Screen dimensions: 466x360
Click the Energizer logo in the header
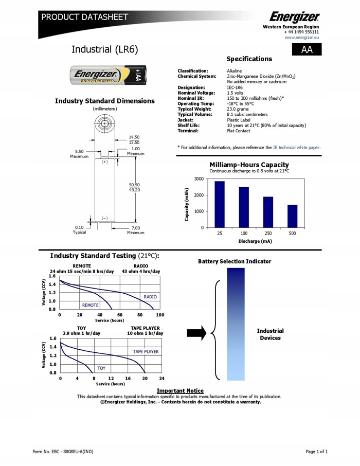tap(295, 16)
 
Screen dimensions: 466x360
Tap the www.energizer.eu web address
tap(302, 38)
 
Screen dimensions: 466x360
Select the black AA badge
tap(307, 49)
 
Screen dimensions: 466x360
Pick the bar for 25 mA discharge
tap(220, 204)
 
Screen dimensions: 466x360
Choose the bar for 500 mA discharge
tap(292, 216)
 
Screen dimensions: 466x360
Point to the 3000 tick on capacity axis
tap(199, 179)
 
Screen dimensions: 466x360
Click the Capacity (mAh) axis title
tap(187, 204)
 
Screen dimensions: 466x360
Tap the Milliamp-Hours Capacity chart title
tap(249, 165)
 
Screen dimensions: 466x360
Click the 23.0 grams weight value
tap(239, 109)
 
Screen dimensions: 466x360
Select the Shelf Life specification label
tap(189, 126)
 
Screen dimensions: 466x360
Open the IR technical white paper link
tap(296, 148)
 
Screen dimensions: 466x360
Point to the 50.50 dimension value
tap(134, 184)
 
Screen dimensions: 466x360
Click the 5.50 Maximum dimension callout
tap(79, 154)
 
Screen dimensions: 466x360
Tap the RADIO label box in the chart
tap(150, 297)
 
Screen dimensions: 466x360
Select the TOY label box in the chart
tap(101, 368)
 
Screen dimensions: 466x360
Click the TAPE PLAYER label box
tap(146, 352)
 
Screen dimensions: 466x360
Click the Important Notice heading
tap(180, 391)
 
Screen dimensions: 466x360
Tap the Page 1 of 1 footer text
tap(316, 452)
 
